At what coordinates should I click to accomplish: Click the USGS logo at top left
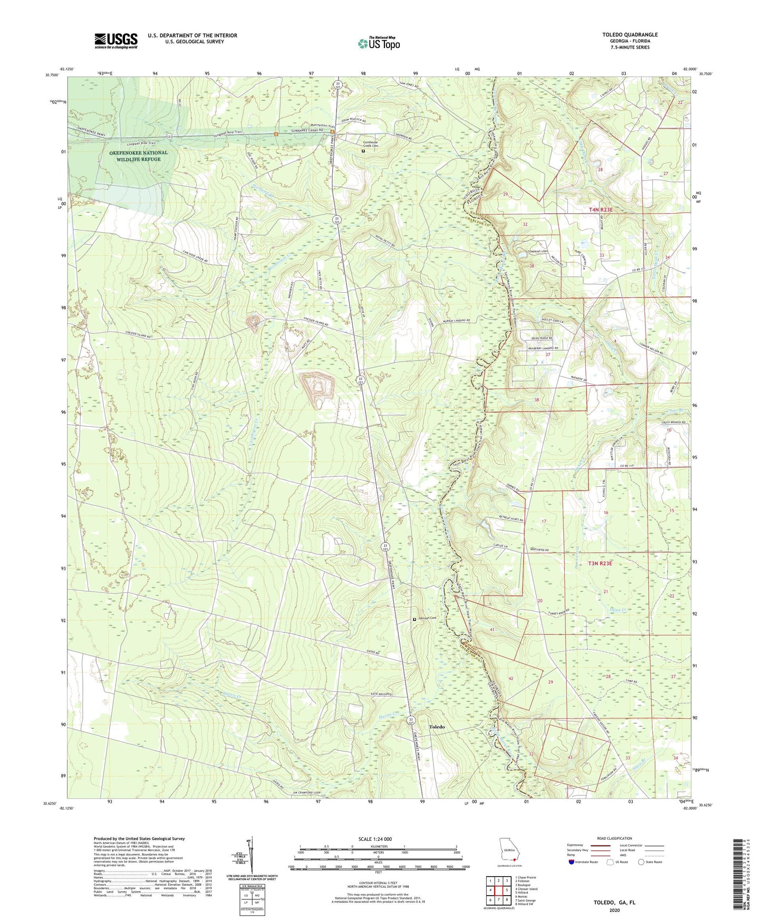116,40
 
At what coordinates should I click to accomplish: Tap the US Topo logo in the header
379,43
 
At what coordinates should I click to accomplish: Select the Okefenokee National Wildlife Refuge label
139,156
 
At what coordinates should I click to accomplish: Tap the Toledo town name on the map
437,727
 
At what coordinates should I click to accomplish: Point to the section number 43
570,757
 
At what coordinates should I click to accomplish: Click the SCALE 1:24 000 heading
375,839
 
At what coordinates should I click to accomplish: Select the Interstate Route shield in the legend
572,862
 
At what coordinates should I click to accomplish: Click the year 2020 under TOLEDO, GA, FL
614,910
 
